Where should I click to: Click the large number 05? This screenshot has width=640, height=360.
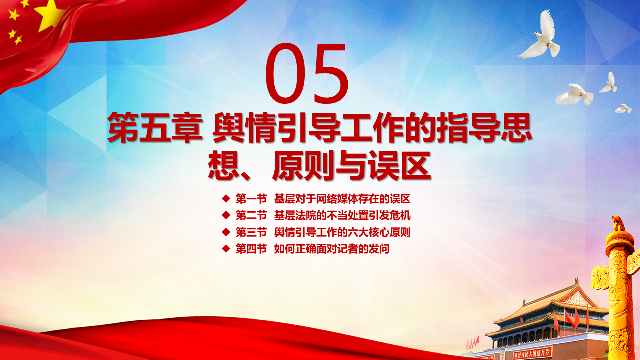pos(307,73)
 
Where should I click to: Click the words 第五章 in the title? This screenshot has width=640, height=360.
pos(155,127)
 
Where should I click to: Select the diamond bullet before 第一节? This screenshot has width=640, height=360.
pos(226,199)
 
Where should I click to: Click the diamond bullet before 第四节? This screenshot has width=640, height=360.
pos(226,249)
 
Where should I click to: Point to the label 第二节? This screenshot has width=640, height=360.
pos(251,215)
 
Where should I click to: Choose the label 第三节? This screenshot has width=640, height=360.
pos(251,232)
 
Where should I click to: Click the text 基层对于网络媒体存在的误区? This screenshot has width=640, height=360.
pos(342,199)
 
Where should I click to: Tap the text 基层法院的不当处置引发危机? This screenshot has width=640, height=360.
pos(342,215)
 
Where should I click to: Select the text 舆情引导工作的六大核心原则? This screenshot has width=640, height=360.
pos(342,232)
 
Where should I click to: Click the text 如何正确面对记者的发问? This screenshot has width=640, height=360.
pos(332,249)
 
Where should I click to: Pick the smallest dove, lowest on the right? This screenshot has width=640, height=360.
pos(623,109)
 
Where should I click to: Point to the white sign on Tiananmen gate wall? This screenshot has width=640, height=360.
pos(532,353)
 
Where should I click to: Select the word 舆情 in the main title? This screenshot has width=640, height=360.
pos(243,127)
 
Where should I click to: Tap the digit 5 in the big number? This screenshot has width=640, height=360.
pos(330,73)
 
